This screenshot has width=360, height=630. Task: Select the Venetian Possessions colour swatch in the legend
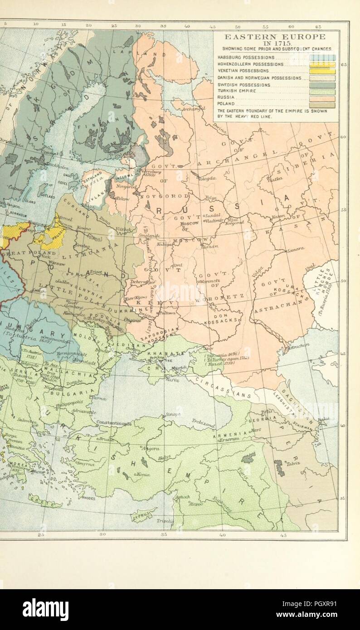pyautogui.click(x=322, y=71)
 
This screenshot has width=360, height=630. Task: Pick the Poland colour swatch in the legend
pyautogui.click(x=322, y=105)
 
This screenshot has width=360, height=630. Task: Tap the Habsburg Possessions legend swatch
pyautogui.click(x=322, y=58)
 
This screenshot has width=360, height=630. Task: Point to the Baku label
pyautogui.click(x=322, y=421)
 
